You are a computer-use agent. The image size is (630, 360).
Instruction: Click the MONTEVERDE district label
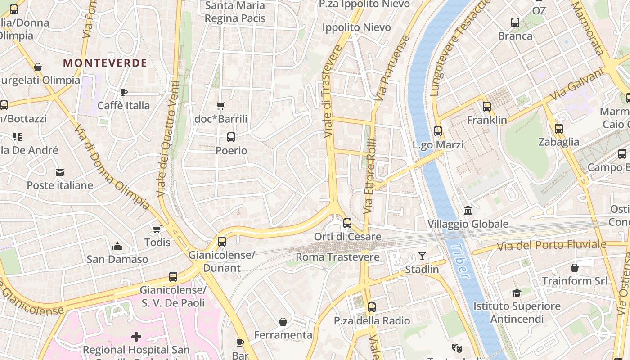(105, 63)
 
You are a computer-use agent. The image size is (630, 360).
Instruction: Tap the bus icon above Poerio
(231, 137)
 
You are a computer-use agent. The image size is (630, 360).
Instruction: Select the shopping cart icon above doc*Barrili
(220, 106)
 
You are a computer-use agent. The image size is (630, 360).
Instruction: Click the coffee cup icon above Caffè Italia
(124, 92)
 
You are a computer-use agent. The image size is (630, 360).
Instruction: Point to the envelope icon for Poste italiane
(60, 172)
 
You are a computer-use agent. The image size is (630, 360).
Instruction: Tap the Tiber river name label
(459, 261)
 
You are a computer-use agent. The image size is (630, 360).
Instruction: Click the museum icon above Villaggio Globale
(468, 210)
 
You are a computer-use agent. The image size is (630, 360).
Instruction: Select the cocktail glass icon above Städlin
(422, 256)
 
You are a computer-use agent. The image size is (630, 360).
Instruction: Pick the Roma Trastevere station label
(337, 257)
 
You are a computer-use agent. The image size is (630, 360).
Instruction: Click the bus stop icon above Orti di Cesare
(347, 223)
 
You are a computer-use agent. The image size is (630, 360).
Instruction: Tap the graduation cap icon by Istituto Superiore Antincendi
(517, 293)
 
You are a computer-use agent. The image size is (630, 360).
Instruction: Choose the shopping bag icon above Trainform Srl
(575, 268)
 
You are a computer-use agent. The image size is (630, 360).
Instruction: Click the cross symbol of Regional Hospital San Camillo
(136, 336)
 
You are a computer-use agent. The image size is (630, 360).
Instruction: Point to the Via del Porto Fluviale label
(551, 246)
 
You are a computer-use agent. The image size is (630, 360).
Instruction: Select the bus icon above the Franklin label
(487, 107)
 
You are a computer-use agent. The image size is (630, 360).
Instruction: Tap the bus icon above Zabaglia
(559, 129)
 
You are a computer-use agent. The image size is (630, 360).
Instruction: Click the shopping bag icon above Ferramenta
(283, 321)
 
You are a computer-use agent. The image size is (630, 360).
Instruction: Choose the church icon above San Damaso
(117, 246)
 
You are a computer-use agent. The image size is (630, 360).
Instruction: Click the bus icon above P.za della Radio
(372, 307)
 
